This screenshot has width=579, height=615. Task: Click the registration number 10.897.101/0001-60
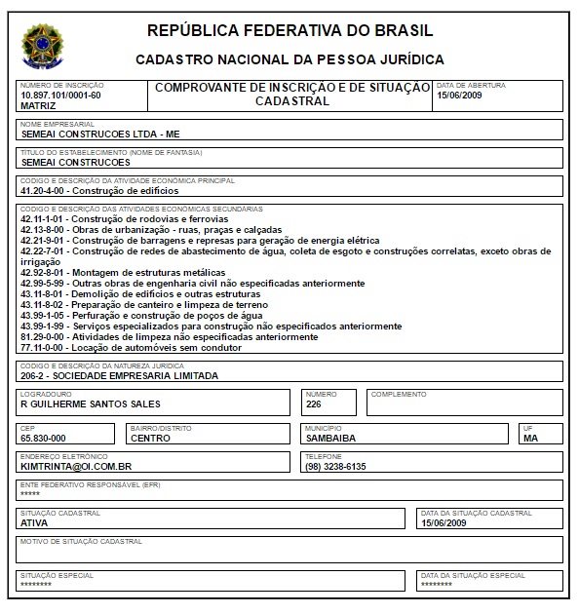point(60,96)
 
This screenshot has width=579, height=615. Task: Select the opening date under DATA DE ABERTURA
point(460,96)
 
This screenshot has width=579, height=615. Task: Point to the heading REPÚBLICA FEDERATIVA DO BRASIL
point(289,30)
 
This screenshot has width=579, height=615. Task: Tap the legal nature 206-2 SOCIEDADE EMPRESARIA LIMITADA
point(119,375)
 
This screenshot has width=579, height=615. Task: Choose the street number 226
point(313,404)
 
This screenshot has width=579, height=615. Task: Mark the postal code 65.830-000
point(43,439)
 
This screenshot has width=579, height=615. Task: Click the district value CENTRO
point(150,439)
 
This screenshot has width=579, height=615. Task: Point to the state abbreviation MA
point(530,439)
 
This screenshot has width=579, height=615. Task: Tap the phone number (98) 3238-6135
point(335,466)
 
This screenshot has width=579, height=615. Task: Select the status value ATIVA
point(34,522)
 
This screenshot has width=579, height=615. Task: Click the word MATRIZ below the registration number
point(38,105)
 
